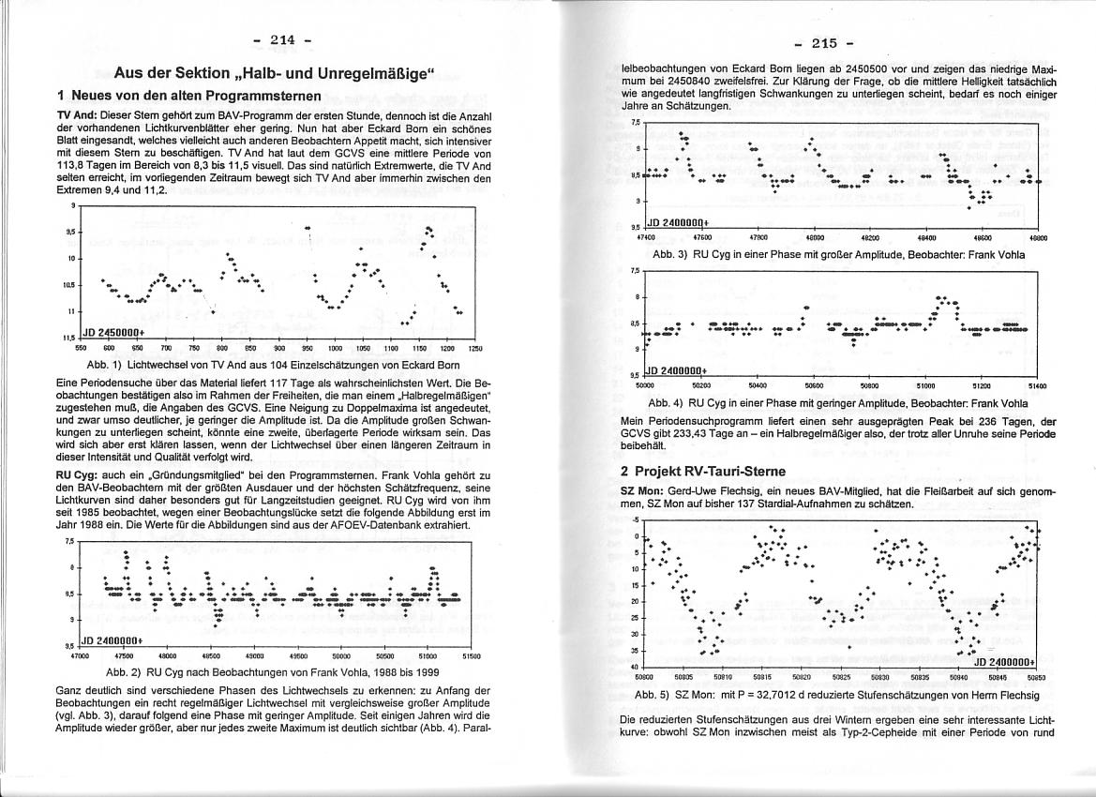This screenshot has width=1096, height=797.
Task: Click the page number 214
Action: coord(281,39)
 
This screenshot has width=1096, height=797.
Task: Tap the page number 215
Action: coord(823,43)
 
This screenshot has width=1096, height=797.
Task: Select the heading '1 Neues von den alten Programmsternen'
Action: coord(188,96)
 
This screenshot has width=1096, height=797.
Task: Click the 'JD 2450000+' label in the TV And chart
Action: coord(113,332)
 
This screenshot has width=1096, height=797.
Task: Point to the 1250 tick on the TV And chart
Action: coord(474,348)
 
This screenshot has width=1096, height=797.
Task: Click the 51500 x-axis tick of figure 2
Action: coord(473,657)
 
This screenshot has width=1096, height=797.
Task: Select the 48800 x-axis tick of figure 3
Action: coord(1039,238)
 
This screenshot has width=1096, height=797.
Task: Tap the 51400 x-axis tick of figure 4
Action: coord(1037,384)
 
